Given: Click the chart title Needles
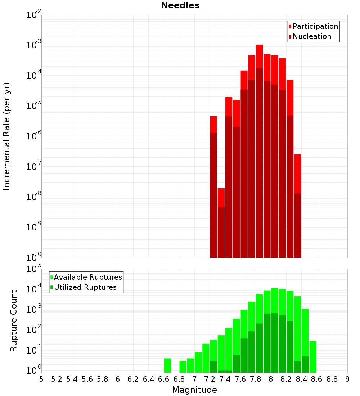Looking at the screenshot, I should (x=180, y=5).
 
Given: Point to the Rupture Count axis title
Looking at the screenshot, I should (x=14, y=320).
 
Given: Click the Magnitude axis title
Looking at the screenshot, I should (x=194, y=390).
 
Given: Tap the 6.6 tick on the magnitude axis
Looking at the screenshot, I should (x=164, y=379).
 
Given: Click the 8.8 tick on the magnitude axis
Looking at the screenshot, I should (x=332, y=379).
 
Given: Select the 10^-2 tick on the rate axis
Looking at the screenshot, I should (x=34, y=15).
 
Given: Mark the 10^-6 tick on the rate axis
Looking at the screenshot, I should (x=34, y=136).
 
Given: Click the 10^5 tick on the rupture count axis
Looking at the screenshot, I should (x=34, y=269).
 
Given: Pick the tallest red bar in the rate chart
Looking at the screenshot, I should (x=259, y=144).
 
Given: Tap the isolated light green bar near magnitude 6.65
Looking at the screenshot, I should (x=167, y=365).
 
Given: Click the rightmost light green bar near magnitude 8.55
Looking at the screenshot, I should (x=313, y=356).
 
